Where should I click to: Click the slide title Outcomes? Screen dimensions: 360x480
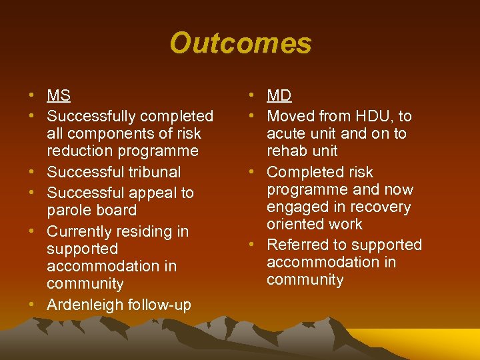[240, 43]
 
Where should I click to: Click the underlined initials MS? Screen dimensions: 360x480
[59, 95]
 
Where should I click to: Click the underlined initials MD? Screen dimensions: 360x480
[279, 95]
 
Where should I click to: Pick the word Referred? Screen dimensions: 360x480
[298, 245]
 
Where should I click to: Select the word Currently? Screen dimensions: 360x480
[79, 232]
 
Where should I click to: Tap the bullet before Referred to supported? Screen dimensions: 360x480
[253, 245]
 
